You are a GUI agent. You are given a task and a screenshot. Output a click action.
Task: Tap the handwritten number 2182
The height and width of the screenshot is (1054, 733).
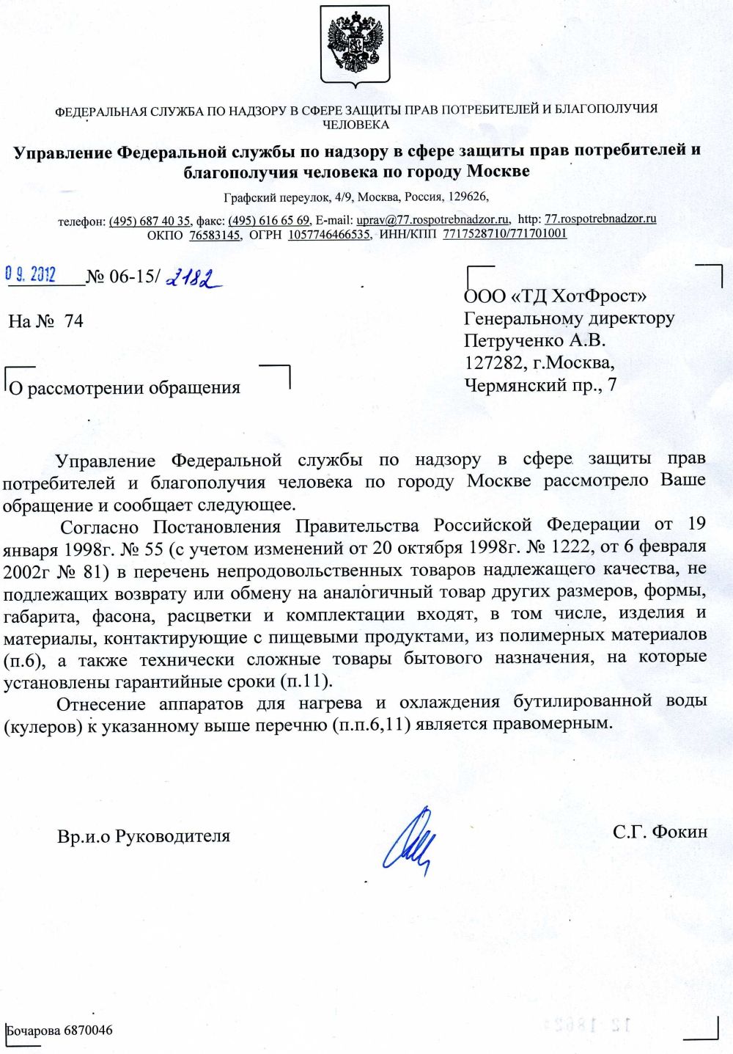coord(194,278)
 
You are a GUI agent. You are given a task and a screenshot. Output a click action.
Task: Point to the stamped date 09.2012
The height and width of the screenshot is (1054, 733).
coord(31,274)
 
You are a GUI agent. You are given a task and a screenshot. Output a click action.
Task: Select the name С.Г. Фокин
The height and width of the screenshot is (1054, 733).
coord(660,831)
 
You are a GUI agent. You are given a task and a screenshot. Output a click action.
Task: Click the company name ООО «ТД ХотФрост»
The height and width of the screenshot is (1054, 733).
coord(555,296)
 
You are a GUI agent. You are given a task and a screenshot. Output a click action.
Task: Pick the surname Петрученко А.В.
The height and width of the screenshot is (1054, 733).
coord(534,340)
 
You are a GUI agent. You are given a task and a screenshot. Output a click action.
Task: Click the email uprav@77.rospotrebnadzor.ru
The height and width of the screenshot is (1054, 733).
coord(432,219)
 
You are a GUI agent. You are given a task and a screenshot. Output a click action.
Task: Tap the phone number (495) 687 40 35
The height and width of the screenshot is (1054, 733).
coord(150,221)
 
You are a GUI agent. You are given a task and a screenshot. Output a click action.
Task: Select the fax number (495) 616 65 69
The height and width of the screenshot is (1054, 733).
coord(269,220)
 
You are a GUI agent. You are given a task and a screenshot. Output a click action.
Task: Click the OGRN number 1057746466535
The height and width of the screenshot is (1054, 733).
coord(329,235)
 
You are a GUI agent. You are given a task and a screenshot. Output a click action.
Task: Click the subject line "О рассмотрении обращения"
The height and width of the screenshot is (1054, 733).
coord(125,387)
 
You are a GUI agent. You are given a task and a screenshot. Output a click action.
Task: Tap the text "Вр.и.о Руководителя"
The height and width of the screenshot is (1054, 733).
coord(144,835)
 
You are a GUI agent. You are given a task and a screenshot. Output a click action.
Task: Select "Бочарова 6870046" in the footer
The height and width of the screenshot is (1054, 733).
coord(60,1031)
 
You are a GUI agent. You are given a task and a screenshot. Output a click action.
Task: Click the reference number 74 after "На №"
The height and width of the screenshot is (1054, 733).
coord(74,321)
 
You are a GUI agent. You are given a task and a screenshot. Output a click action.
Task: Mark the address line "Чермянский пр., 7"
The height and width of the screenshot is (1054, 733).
coord(540,385)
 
